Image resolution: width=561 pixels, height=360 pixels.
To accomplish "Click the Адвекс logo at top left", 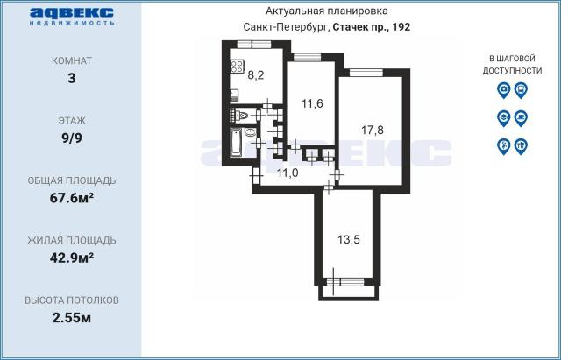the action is click(x=72, y=17).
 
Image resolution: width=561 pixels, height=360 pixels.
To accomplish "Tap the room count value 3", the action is click(x=72, y=78).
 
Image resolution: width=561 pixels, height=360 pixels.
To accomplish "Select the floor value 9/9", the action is click(x=72, y=138).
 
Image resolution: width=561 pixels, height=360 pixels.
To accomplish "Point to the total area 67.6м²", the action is click(x=72, y=198).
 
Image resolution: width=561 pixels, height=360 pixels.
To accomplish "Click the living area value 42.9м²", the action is click(x=72, y=258).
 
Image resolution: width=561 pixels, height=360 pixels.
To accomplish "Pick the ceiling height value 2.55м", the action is click(x=72, y=317).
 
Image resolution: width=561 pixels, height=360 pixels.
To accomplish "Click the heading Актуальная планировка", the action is click(x=326, y=11).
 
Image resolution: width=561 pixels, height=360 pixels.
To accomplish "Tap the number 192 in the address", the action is click(x=401, y=27).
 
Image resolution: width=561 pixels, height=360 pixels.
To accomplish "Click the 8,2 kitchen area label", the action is click(x=256, y=75).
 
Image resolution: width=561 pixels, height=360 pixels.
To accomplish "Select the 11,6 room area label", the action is click(x=312, y=104).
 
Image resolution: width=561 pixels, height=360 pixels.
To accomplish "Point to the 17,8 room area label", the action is click(x=372, y=131).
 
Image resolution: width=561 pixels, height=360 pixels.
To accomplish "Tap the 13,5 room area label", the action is click(x=349, y=240).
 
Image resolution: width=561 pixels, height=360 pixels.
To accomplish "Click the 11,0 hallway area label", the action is click(x=288, y=173).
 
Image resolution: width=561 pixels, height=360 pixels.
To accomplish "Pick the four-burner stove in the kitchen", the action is click(x=237, y=67).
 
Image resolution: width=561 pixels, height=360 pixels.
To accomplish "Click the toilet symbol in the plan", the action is click(x=243, y=116).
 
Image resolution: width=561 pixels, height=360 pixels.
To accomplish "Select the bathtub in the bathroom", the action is click(x=236, y=143).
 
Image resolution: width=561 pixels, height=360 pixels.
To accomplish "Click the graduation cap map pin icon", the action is click(x=503, y=118).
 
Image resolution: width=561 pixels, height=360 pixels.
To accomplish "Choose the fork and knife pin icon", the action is click(x=521, y=146).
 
